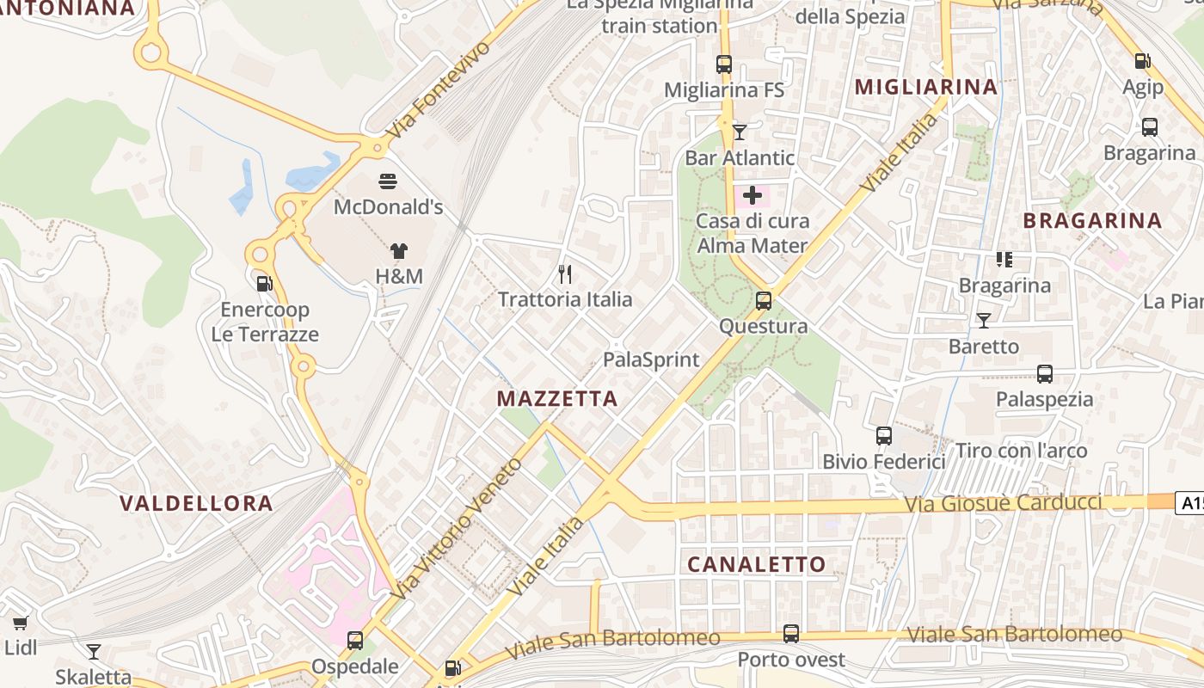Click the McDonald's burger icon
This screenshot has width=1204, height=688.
click(388, 181)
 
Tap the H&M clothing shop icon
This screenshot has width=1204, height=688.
click(399, 251)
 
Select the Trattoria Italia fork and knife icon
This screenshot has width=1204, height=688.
click(565, 274)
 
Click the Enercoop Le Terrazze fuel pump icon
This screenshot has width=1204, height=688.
click(265, 283)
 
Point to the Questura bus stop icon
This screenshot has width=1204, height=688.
click(764, 301)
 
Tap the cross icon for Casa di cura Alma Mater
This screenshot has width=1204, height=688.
click(752, 195)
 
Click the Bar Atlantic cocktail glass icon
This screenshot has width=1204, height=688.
click(740, 132)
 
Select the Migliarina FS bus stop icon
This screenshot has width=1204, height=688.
click(724, 64)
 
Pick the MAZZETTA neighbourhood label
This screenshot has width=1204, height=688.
click(557, 399)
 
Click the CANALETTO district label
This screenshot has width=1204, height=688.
click(757, 564)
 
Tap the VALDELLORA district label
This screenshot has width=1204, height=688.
click(196, 504)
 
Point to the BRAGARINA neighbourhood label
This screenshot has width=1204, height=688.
click(1092, 221)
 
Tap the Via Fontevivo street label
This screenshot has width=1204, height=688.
click(438, 90)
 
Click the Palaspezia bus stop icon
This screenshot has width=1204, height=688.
click(1045, 374)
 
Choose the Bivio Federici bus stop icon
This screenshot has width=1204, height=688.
click(884, 436)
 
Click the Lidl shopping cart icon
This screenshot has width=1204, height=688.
click(21, 623)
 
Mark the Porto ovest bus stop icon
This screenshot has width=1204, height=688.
click(791, 635)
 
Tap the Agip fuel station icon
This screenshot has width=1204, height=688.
click(1143, 61)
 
